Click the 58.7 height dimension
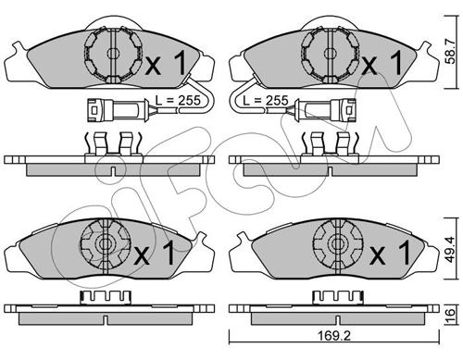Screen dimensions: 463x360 point(451,52)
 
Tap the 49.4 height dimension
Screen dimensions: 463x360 point(451,249)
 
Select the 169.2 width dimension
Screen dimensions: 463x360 point(334,336)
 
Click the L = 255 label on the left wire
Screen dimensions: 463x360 point(178,100)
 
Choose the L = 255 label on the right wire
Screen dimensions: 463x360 point(266,100)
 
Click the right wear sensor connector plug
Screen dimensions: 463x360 point(325,109)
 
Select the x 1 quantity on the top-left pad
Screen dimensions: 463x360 point(165,63)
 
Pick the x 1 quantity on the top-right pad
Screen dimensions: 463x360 point(382,63)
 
